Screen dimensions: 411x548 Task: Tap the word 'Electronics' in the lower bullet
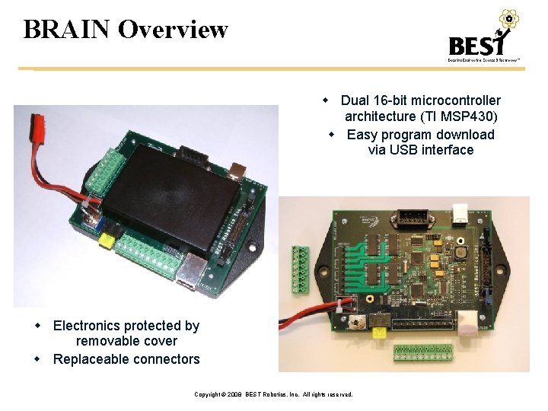[x=88, y=326]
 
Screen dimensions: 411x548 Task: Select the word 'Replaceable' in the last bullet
[x=88, y=359]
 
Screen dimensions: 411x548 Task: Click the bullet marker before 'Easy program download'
[x=332, y=135]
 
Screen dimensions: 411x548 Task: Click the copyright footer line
[x=273, y=394]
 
